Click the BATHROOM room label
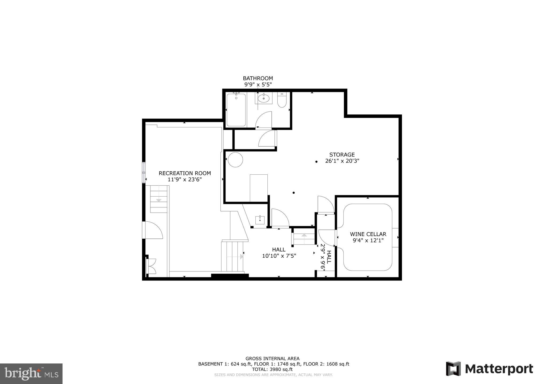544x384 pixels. [x=258, y=78]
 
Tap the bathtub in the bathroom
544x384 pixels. [x=236, y=110]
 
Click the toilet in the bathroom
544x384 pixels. [x=282, y=100]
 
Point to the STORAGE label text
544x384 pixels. [x=342, y=155]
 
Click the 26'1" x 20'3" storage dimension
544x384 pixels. [x=342, y=161]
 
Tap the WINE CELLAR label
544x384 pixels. [x=368, y=234]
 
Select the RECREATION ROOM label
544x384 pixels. [x=185, y=173]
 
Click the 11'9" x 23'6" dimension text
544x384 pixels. [x=185, y=180]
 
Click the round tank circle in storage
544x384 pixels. [x=235, y=160]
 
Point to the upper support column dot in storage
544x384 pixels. [x=316, y=162]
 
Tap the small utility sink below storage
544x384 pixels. [x=260, y=220]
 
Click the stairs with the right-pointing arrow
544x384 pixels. [x=232, y=257]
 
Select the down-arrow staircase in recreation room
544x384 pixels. [x=159, y=199]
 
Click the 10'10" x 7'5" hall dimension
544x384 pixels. [x=279, y=256]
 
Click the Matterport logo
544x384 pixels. [x=489, y=369]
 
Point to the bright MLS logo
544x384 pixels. [x=31, y=374]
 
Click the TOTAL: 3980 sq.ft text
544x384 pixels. [x=272, y=369]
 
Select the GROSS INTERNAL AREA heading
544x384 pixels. [x=272, y=359]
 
